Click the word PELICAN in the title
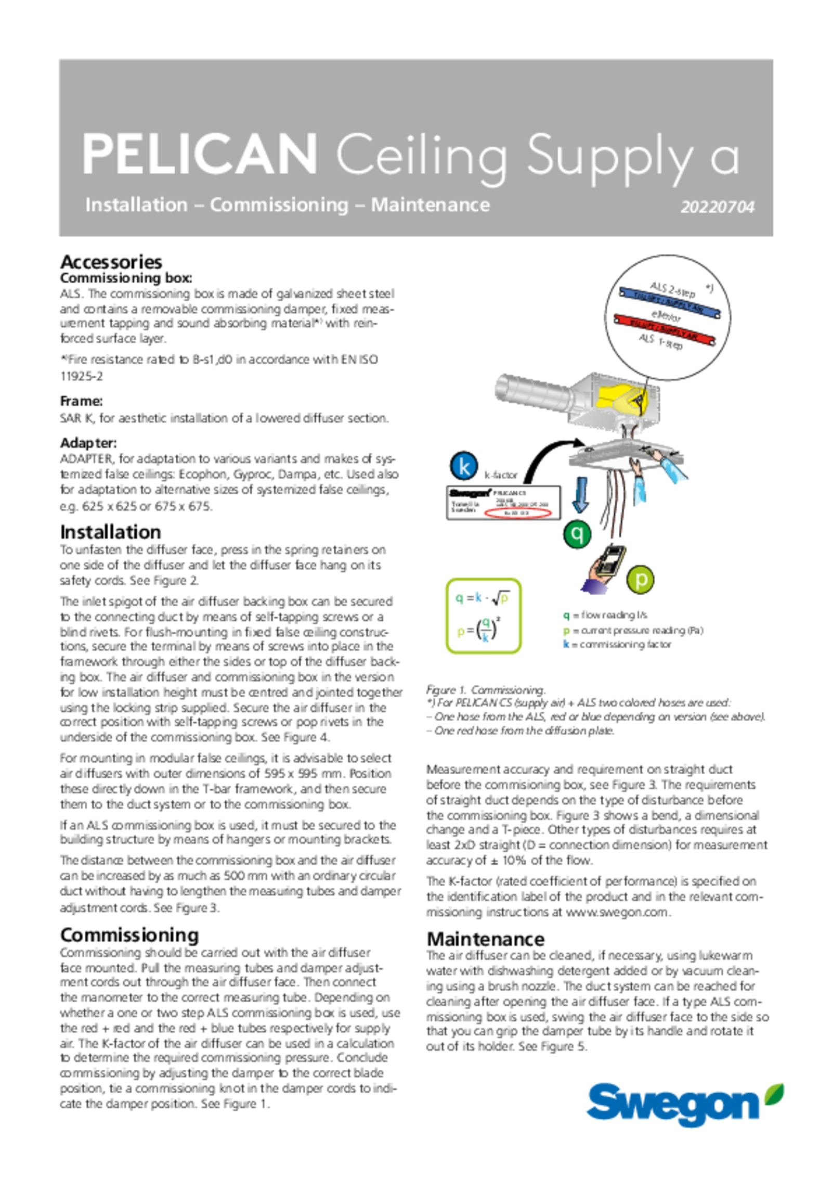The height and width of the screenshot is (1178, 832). point(200,154)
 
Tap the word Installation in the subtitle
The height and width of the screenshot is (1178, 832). point(136,205)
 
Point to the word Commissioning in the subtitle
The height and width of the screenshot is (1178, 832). point(279,205)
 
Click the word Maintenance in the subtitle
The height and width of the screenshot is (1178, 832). point(430,205)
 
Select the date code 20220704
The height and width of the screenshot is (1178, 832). point(717,207)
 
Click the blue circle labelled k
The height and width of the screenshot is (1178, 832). point(464,466)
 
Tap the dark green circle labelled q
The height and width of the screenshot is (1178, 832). point(577,533)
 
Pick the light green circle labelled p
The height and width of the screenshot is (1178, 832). point(641,579)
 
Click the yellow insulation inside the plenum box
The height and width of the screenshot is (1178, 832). point(621,398)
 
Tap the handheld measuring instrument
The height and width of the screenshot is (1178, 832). point(611,560)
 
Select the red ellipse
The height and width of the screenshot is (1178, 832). point(517,513)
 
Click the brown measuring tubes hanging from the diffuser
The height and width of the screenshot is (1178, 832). point(619,505)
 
